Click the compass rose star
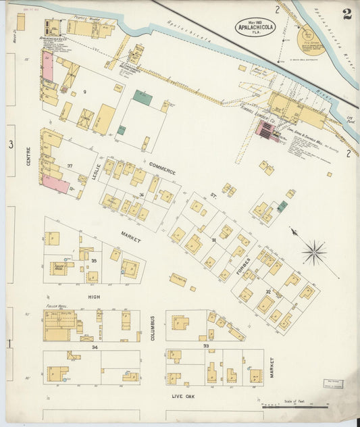(x=314, y=253)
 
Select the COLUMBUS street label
(x=153, y=326)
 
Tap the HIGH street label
(x=94, y=296)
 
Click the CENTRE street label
(x=28, y=157)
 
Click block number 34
(x=94, y=347)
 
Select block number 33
(x=206, y=346)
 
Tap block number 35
(x=94, y=260)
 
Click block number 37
(x=70, y=166)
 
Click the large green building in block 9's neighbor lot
(x=142, y=97)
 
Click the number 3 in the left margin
(x=10, y=145)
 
